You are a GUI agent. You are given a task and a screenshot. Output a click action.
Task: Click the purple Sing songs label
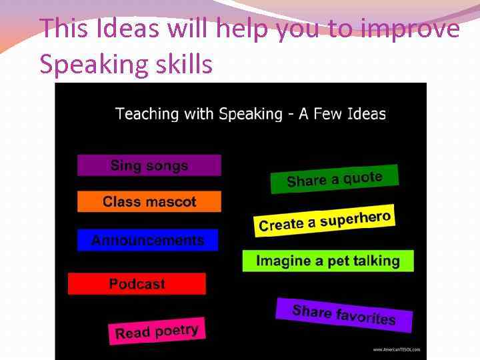[x=149, y=165]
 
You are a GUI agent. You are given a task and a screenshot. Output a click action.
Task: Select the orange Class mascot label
[x=149, y=201]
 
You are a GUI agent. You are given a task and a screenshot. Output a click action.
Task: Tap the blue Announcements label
[x=147, y=240]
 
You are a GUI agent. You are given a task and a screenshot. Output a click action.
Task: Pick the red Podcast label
[x=137, y=284]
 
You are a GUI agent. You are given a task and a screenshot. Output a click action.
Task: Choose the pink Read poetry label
[x=156, y=331]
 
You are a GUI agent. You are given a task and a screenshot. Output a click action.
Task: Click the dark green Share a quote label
[x=334, y=179]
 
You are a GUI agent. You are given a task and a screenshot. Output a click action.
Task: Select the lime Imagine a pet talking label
[x=327, y=261]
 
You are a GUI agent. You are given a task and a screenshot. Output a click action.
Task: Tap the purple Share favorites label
[x=344, y=314]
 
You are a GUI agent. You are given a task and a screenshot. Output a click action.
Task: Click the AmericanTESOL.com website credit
[x=396, y=349]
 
